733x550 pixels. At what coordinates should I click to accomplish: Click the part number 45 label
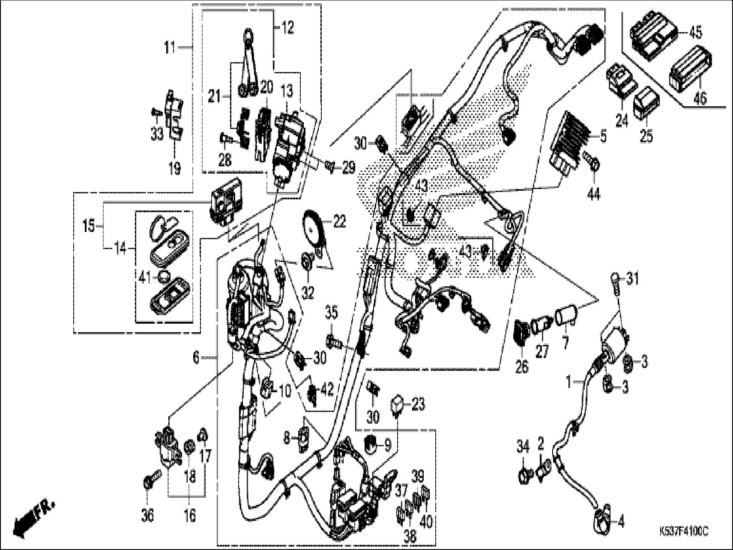point(695,32)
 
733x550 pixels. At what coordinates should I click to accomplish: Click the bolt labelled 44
point(595,164)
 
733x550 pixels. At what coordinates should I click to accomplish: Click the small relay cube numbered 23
point(396,403)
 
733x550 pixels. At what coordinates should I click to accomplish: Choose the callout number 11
point(170,48)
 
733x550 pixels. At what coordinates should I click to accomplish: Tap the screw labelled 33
point(155,112)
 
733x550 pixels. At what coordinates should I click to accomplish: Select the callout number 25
point(646,136)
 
